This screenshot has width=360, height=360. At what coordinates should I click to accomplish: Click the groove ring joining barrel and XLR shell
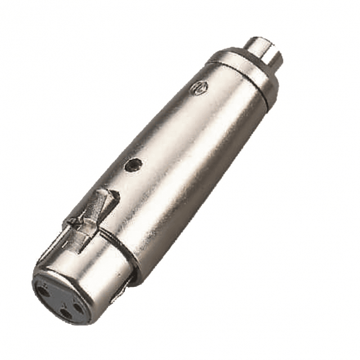pos(121,247)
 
